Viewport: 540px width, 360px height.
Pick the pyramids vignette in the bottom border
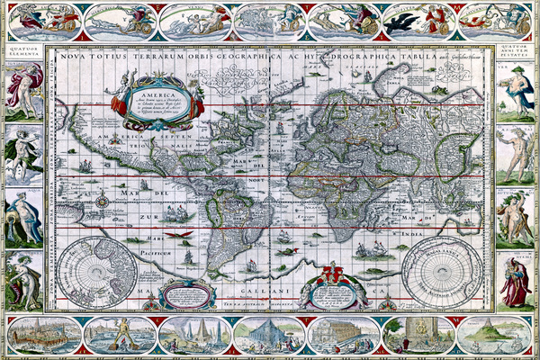tap(194, 336)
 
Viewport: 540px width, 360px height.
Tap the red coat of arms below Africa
tap(332, 274)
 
